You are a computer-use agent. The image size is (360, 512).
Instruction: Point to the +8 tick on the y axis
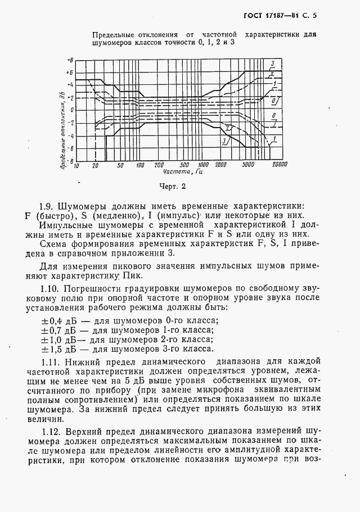[69, 59]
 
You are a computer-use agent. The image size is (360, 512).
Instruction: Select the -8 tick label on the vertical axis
[69, 160]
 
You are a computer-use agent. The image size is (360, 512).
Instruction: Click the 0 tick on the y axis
[71, 110]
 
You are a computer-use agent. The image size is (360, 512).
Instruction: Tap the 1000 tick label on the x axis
[204, 165]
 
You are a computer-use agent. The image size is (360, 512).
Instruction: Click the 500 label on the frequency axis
[184, 165]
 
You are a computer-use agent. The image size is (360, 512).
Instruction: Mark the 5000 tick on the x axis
[249, 165]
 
